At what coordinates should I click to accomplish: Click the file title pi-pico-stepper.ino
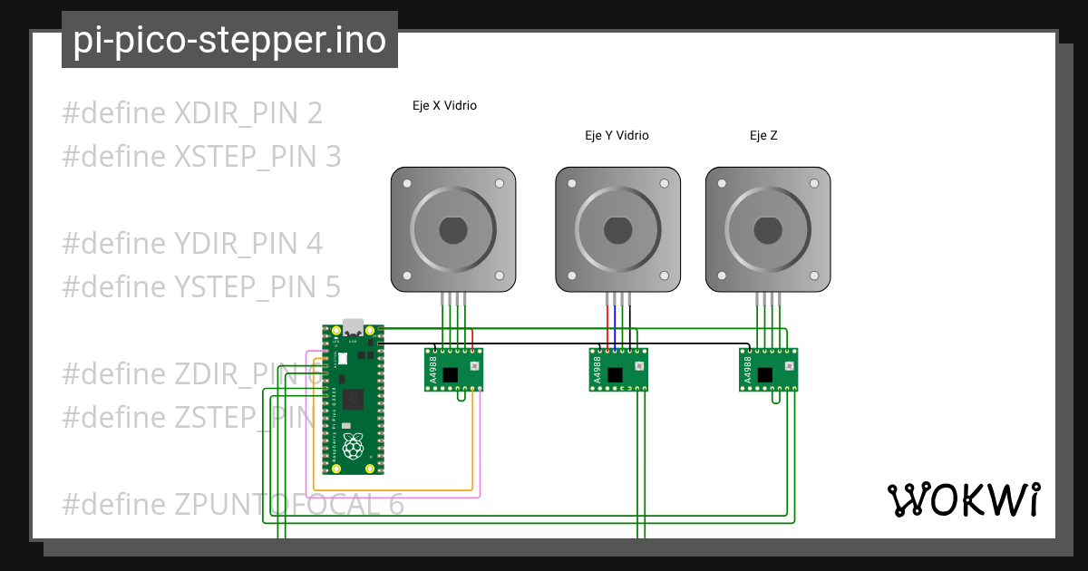[229, 41]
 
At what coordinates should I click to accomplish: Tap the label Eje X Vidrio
[444, 105]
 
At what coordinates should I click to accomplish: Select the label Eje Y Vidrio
[617, 135]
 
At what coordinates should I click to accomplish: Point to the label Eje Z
[763, 135]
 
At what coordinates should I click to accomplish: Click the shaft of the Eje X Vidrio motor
[453, 230]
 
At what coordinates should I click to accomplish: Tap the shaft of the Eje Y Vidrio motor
[617, 230]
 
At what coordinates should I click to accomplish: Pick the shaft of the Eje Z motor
[768, 230]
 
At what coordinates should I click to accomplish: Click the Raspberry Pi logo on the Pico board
[353, 446]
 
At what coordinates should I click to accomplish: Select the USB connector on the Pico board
[353, 326]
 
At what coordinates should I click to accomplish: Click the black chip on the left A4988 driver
[451, 373]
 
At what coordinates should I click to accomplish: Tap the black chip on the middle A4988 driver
[615, 373]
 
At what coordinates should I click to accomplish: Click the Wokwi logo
[963, 499]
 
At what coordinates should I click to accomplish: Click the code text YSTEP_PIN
[245, 286]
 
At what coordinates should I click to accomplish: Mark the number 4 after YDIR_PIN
[314, 244]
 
